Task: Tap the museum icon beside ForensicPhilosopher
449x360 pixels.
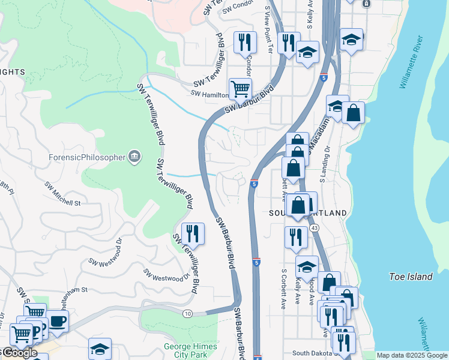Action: tap(134, 157)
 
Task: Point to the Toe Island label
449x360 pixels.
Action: tap(411, 277)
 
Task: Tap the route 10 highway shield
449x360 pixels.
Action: tap(188, 313)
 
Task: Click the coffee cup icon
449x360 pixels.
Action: tap(58, 321)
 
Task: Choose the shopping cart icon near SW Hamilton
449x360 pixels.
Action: tap(240, 89)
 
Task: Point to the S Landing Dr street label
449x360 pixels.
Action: tap(325, 164)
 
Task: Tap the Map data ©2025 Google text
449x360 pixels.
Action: tap(412, 355)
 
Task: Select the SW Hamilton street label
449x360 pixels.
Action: tap(209, 94)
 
